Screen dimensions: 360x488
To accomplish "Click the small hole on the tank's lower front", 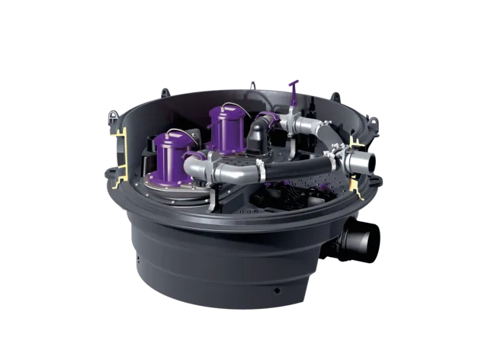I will pyautogui.click(x=277, y=291).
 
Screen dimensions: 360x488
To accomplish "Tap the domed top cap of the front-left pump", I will pyautogui.click(x=171, y=138).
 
